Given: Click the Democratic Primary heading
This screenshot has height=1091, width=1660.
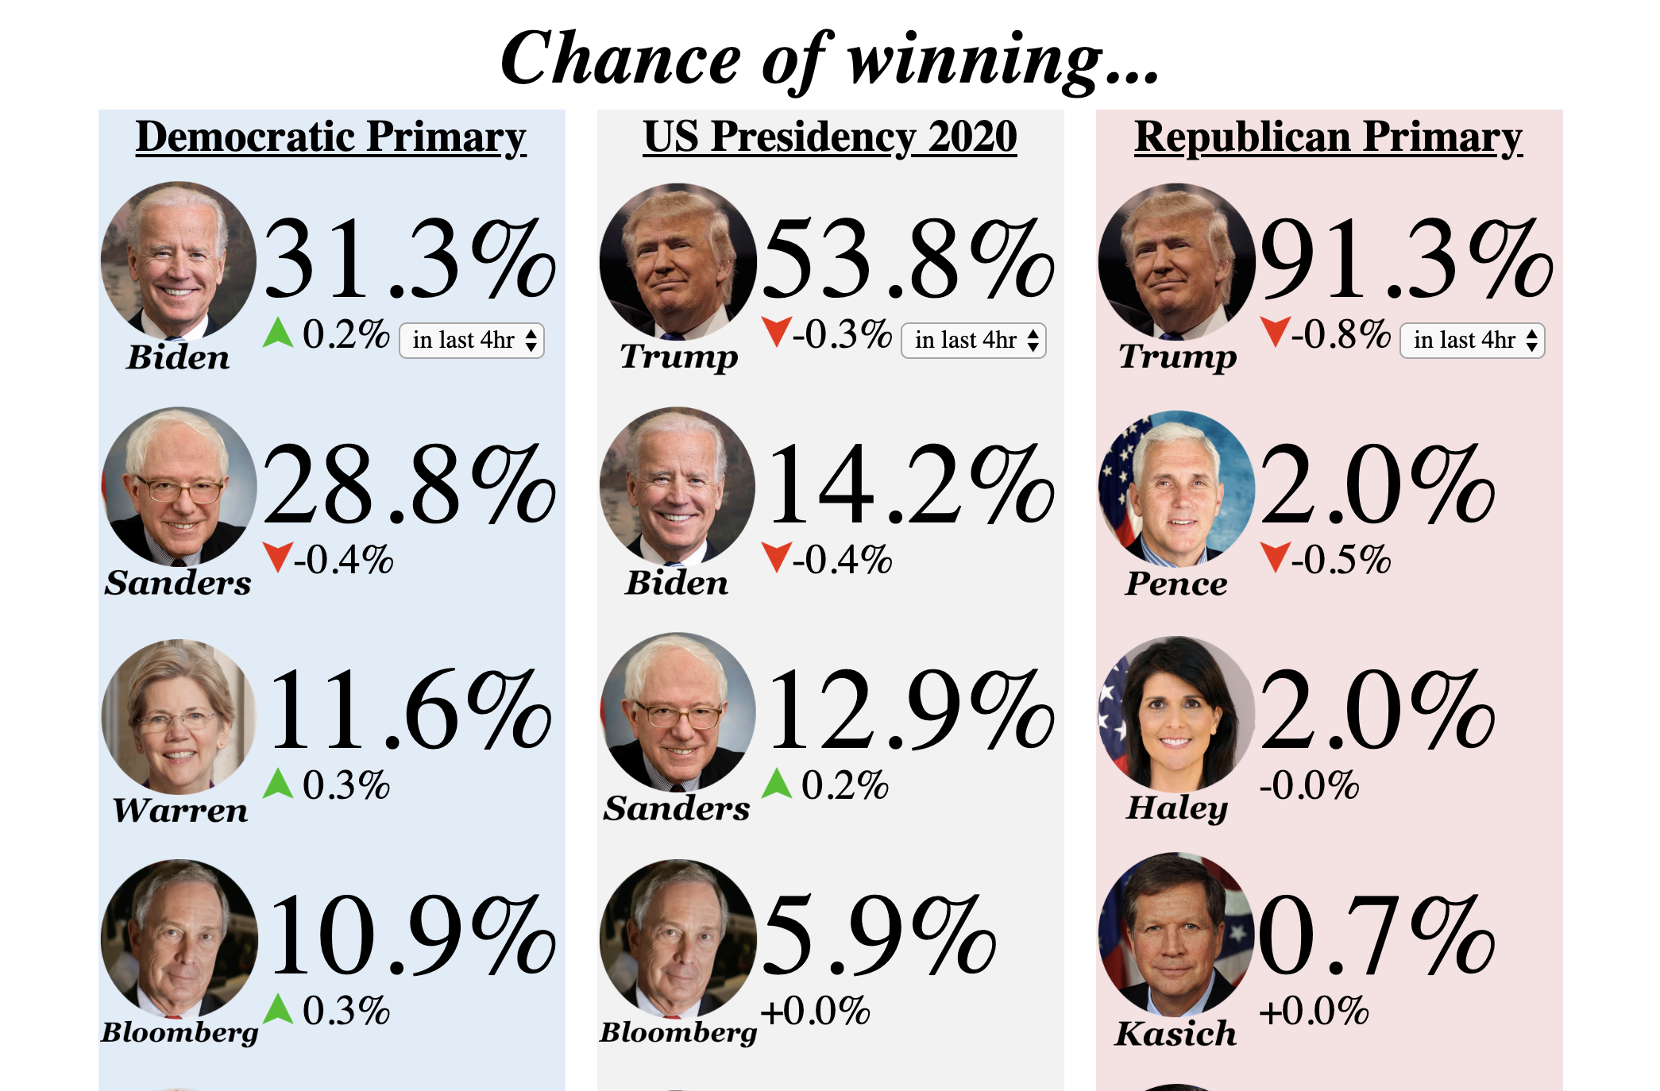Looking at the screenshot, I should tap(330, 137).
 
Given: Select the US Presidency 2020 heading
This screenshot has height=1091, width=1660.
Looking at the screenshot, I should tap(830, 137).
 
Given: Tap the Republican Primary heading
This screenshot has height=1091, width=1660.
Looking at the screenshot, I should tap(1328, 137).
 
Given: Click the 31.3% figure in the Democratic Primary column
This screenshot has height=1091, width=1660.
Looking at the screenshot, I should tap(409, 260).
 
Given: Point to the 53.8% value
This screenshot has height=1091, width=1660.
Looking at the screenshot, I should tap(908, 260).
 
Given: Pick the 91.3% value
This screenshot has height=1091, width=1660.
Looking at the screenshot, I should tap(1406, 260).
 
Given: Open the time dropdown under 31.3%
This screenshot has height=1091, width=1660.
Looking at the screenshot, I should tap(472, 341).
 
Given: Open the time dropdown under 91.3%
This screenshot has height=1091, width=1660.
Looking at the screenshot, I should tap(1472, 341).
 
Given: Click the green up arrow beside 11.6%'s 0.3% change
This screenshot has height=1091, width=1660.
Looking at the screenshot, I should tap(278, 783).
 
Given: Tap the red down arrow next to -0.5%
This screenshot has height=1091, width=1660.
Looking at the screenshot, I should tap(1275, 557).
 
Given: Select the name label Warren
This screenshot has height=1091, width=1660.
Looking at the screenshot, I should tap(180, 810).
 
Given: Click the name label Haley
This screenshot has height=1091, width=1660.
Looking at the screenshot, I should tap(1177, 808).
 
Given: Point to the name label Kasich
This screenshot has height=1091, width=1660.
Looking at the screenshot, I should tap(1176, 1034).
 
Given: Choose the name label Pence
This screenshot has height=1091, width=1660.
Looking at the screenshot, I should tap(1176, 584).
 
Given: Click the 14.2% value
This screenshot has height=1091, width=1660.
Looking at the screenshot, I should tap(911, 486).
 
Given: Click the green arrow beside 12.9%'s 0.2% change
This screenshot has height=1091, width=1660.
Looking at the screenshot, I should tap(777, 783).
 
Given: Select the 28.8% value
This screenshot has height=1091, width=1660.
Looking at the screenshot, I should tap(409, 486).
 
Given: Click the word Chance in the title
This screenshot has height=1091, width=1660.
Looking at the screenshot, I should tap(620, 60).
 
